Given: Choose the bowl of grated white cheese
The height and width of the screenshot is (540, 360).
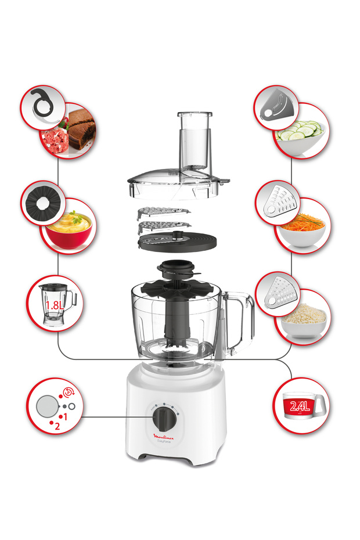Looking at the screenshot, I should pos(303,318).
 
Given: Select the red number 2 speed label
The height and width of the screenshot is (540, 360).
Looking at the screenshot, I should pos(57,426).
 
